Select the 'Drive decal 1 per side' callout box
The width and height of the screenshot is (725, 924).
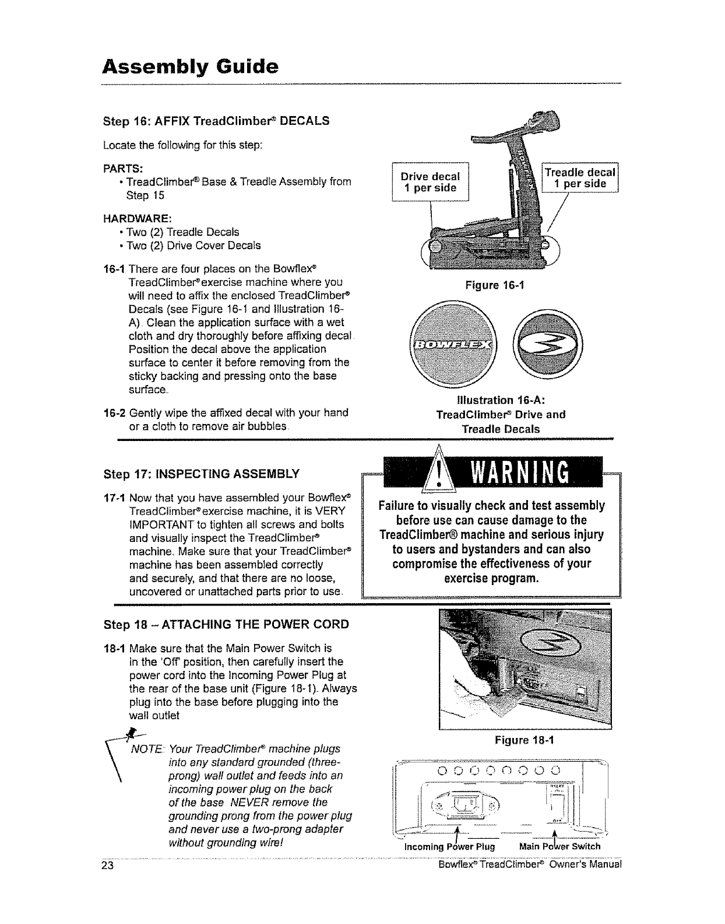(x=430, y=182)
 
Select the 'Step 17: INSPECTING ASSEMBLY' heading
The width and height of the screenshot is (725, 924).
(x=201, y=473)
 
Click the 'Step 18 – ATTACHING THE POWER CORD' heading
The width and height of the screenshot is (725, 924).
(x=226, y=624)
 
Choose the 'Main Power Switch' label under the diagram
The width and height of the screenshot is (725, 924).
(x=559, y=846)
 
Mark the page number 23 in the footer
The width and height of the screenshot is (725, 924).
(x=106, y=864)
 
